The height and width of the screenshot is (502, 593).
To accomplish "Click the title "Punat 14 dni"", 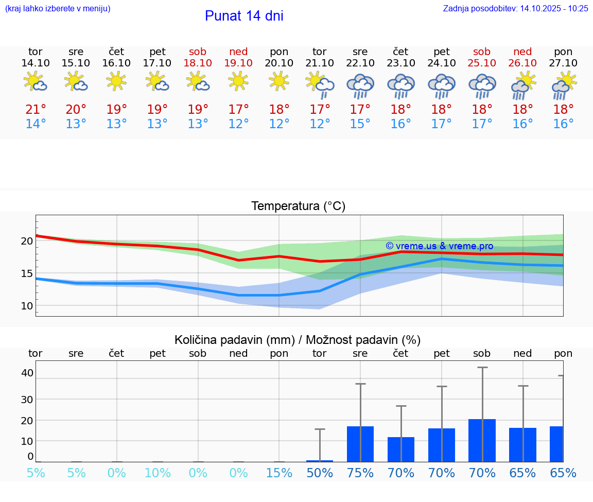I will tap(244, 16).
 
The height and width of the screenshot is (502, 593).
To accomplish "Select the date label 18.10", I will tap(198, 63).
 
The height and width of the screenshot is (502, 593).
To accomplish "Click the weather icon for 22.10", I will tap(360, 85).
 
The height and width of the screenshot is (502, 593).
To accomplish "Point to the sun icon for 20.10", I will tap(279, 81).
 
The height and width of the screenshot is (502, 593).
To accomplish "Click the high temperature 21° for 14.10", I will tap(36, 110).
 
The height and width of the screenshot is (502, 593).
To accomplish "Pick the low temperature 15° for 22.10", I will tap(360, 124).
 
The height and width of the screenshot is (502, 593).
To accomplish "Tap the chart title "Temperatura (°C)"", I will tap(298, 206).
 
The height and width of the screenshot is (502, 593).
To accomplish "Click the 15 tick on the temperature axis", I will tap(27, 273).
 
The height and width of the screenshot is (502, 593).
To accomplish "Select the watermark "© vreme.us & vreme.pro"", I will tap(439, 246).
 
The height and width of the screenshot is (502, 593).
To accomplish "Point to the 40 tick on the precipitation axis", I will tap(27, 373).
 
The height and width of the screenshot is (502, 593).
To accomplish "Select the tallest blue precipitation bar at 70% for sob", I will tap(482, 440).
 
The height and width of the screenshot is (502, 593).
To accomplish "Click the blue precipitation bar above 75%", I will tap(360, 444).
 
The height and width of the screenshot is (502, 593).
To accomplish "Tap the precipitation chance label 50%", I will tap(320, 473).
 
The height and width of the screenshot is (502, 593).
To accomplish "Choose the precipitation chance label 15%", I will tap(279, 473).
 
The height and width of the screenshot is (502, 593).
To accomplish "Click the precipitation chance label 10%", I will tap(158, 473).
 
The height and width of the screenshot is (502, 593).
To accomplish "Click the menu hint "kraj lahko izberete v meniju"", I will tap(57, 8).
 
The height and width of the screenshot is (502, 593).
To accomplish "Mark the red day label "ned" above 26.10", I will tap(522, 51).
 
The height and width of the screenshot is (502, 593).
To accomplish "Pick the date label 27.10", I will tap(563, 63).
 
